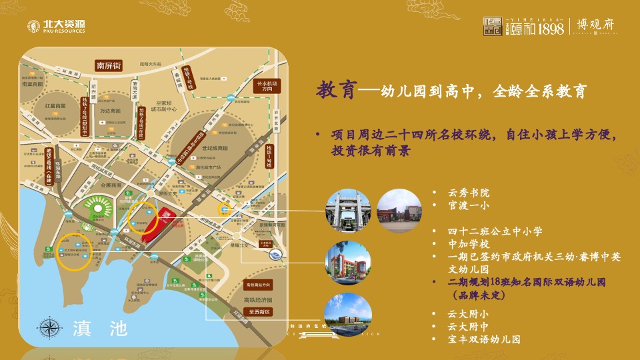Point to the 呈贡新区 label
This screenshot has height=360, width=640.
point(257,311)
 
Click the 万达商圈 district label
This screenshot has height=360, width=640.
point(110,111)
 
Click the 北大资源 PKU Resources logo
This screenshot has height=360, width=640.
point(56,27)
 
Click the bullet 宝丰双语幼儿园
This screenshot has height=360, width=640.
point(483,339)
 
